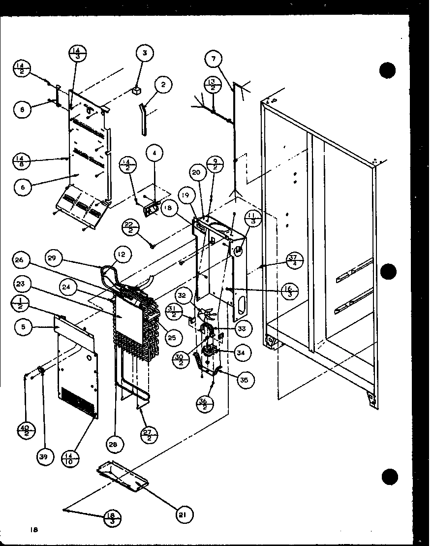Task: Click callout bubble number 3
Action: [x=145, y=53]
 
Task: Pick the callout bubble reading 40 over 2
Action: [x=24, y=431]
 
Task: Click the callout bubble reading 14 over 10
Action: [x=68, y=459]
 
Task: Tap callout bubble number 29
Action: [x=55, y=258]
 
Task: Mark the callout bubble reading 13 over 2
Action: [x=213, y=84]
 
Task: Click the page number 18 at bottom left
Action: [x=33, y=530]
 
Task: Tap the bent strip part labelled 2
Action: [x=143, y=118]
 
